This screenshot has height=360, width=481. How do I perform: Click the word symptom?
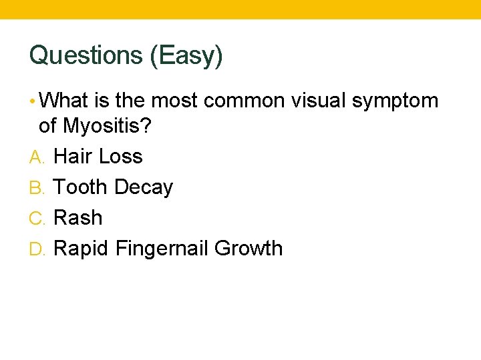point(395,102)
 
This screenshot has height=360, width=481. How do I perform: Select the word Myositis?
point(106,126)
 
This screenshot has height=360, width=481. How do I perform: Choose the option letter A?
point(36,157)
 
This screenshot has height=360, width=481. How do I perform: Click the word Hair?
point(71,157)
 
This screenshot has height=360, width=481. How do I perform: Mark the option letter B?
point(36,187)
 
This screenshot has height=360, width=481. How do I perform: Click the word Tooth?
point(80,187)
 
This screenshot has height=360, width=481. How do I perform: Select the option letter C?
point(37,218)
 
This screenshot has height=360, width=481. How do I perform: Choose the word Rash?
point(78,218)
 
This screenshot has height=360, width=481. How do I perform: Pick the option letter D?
point(37,249)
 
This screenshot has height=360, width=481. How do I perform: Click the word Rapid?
point(82,249)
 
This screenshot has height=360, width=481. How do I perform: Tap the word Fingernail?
point(162,249)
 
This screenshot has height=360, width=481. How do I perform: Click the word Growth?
point(249,249)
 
